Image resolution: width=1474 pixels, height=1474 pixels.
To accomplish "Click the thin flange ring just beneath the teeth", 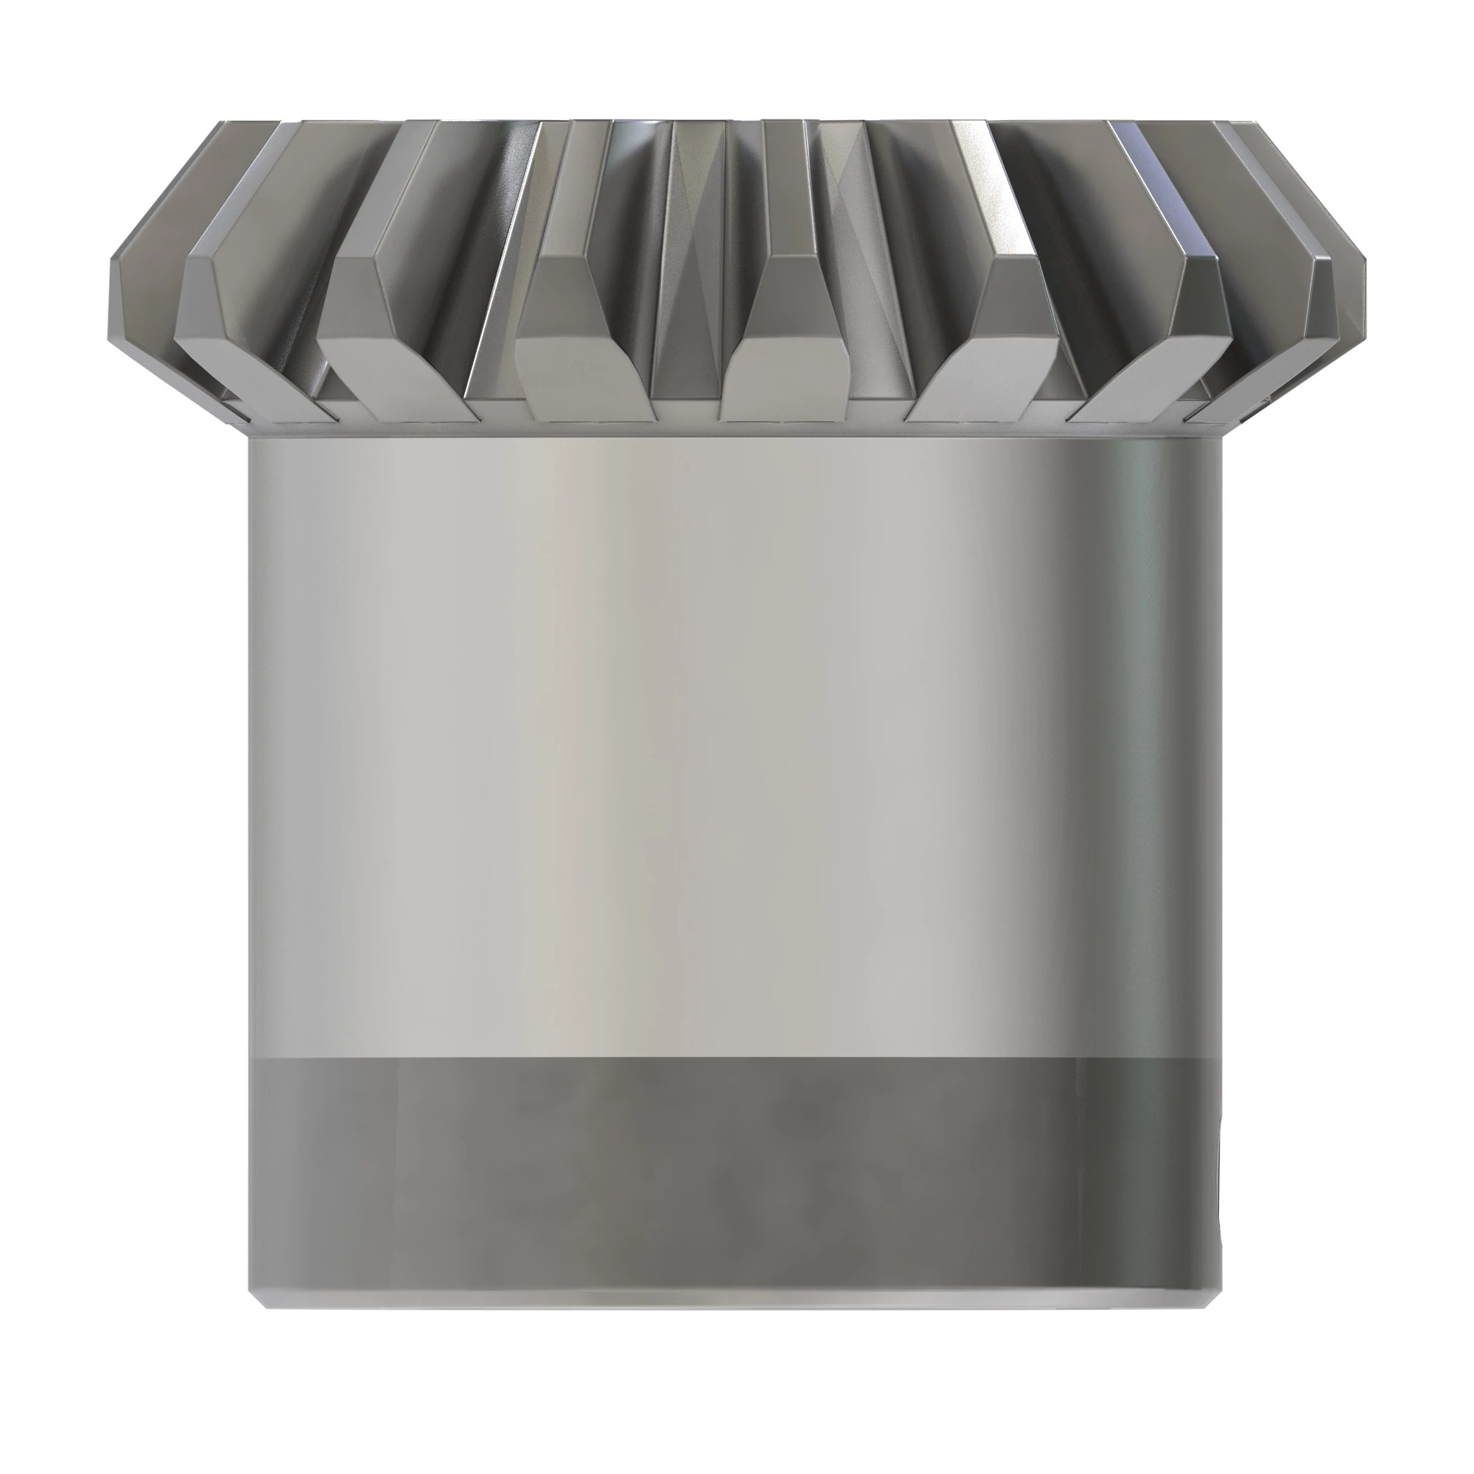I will pos(733,429).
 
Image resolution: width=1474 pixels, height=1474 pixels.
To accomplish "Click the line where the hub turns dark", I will pos(733,1058).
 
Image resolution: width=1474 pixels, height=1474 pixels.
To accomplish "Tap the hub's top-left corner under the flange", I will pos(253,442).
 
